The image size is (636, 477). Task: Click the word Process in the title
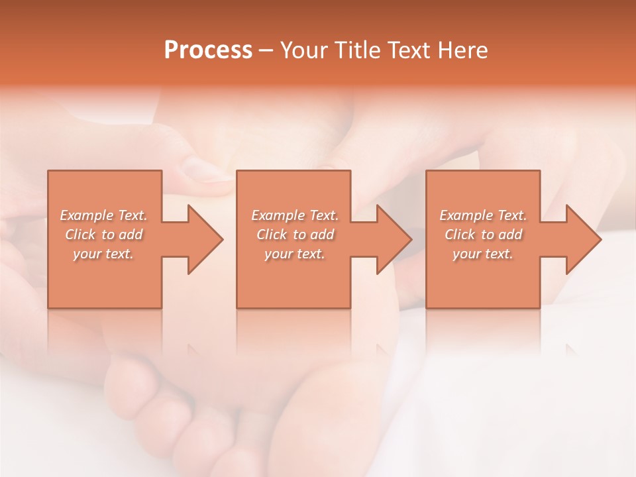pos(208,50)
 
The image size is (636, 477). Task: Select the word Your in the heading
pos(302,50)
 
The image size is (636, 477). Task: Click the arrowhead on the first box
pos(204,239)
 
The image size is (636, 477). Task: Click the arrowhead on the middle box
pos(394,239)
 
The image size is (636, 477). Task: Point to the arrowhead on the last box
pos(582,239)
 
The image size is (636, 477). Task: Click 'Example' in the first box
pos(87,215)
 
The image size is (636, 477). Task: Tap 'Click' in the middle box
pos(271,235)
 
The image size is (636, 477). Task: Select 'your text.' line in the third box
pos(482,254)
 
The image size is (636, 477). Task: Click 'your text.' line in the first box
pos(103,254)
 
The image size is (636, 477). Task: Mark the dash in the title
pos(266,50)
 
